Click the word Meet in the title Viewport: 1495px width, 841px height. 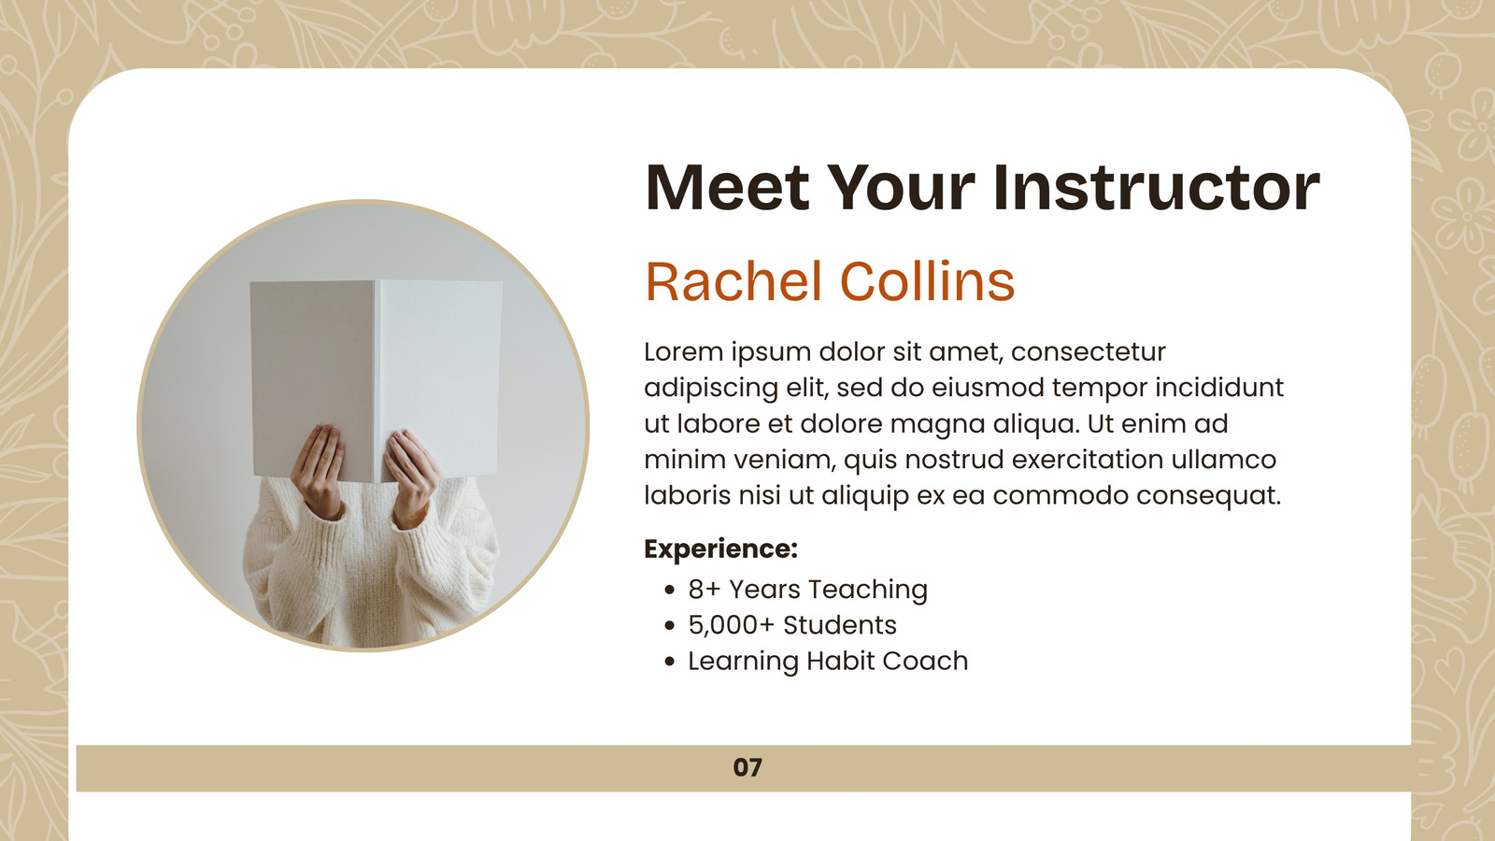728,188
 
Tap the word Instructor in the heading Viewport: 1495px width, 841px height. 1157,188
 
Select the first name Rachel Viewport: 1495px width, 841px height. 733,281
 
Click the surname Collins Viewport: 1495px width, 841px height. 927,281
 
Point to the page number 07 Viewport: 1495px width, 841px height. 747,767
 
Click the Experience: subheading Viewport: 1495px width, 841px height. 720,549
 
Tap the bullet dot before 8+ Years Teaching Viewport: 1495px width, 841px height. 671,590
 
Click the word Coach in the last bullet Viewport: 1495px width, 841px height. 925,661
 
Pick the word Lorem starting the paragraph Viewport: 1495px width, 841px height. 684,351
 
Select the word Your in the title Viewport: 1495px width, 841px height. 902,188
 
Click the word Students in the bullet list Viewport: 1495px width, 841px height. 840,625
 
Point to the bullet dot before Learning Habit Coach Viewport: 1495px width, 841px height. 671,662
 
